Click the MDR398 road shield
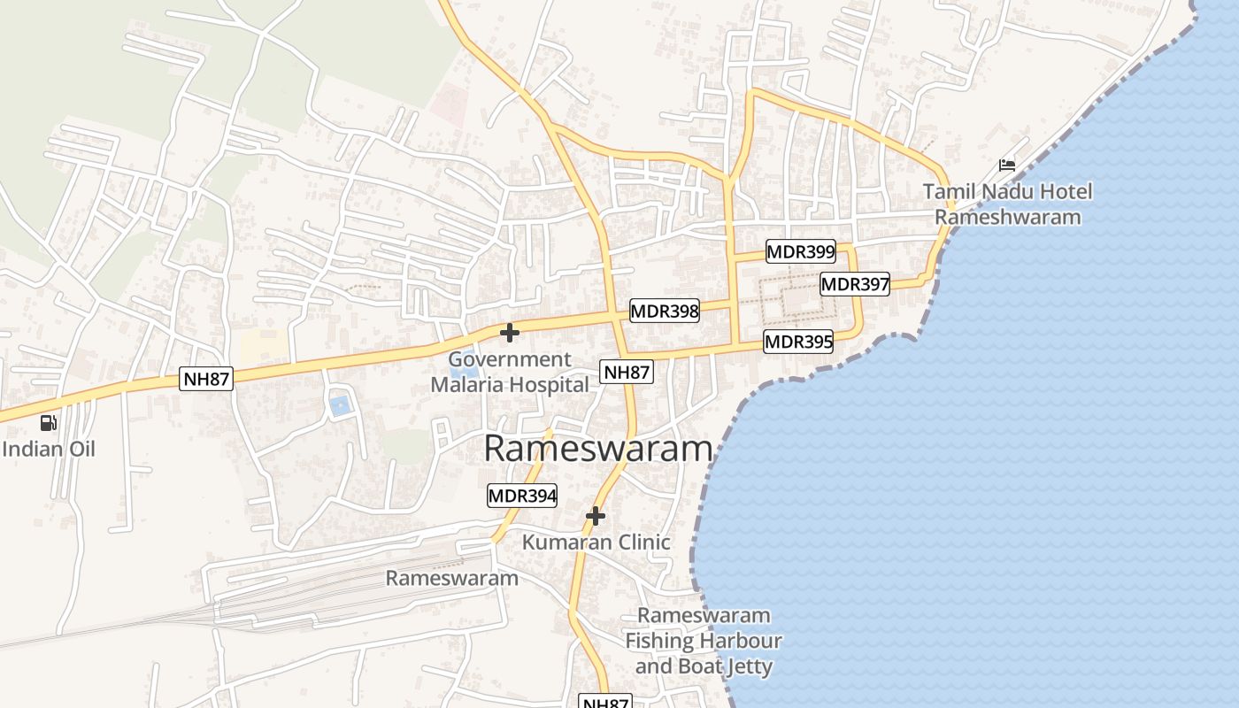pyautogui.click(x=664, y=311)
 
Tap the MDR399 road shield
pyautogui.click(x=800, y=251)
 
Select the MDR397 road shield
pyautogui.click(x=854, y=284)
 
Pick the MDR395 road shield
pyautogui.click(x=798, y=342)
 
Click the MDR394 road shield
pyautogui.click(x=522, y=496)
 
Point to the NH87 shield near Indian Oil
pyautogui.click(x=207, y=380)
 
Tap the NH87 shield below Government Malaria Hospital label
pyautogui.click(x=627, y=373)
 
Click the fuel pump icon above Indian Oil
pyautogui.click(x=49, y=423)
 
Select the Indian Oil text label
pyautogui.click(x=49, y=449)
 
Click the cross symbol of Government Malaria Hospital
pyautogui.click(x=509, y=333)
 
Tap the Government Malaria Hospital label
pyautogui.click(x=510, y=372)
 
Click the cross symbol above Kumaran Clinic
pyautogui.click(x=596, y=515)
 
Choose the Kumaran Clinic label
pyautogui.click(x=596, y=542)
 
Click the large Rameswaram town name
pyautogui.click(x=598, y=449)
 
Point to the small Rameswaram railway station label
pyautogui.click(x=451, y=578)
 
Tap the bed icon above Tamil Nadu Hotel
pyautogui.click(x=1007, y=165)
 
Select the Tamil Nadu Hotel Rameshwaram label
pyautogui.click(x=1007, y=204)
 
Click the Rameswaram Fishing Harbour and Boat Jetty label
pyautogui.click(x=704, y=641)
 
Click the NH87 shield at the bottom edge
pyautogui.click(x=605, y=702)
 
